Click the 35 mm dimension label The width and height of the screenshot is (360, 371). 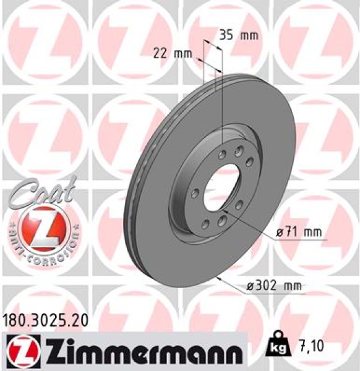click(238, 35)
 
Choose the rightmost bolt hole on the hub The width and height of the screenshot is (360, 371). click(250, 162)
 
